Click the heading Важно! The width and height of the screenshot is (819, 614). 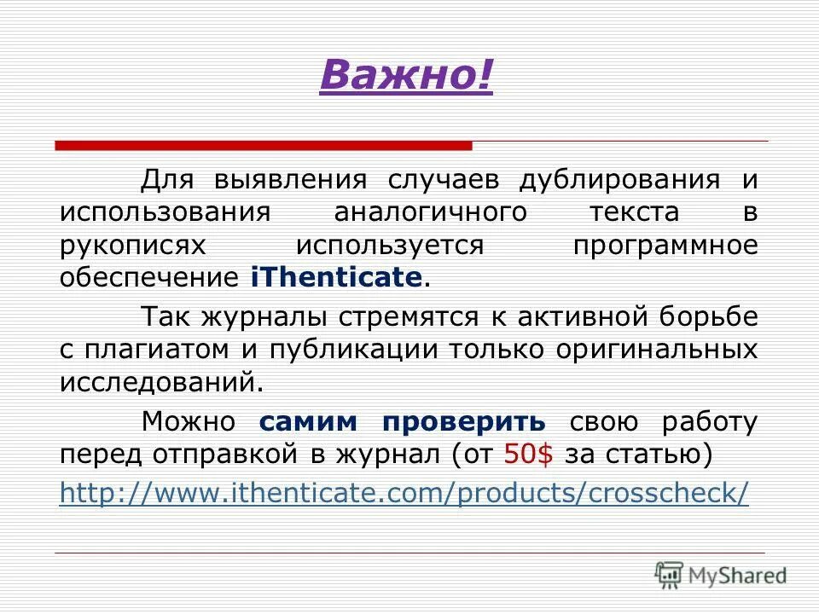[406, 78]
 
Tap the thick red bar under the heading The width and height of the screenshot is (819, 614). [264, 146]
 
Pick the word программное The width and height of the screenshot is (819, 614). [665, 246]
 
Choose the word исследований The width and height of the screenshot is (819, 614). [158, 382]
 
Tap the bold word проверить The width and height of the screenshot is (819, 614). [463, 422]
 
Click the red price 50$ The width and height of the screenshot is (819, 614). [528, 454]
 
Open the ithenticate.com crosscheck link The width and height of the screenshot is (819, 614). [404, 493]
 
